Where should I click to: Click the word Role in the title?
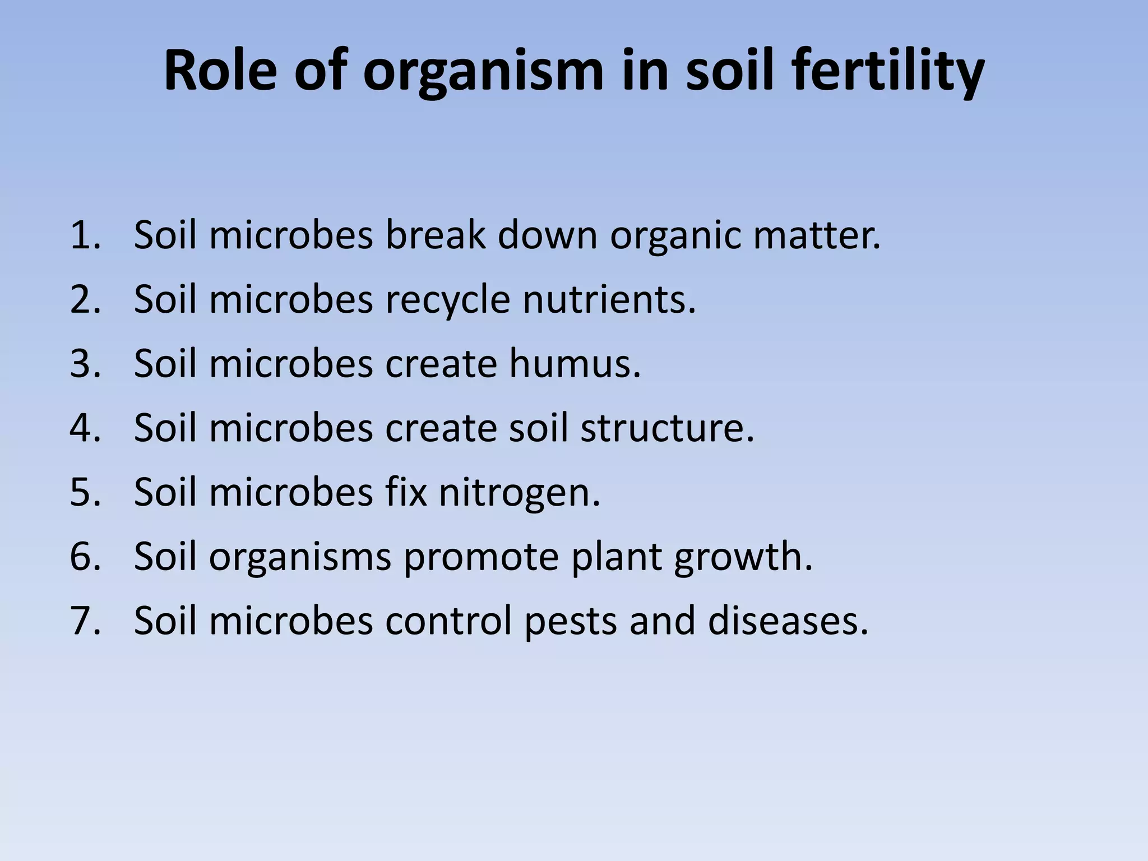tap(220, 72)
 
